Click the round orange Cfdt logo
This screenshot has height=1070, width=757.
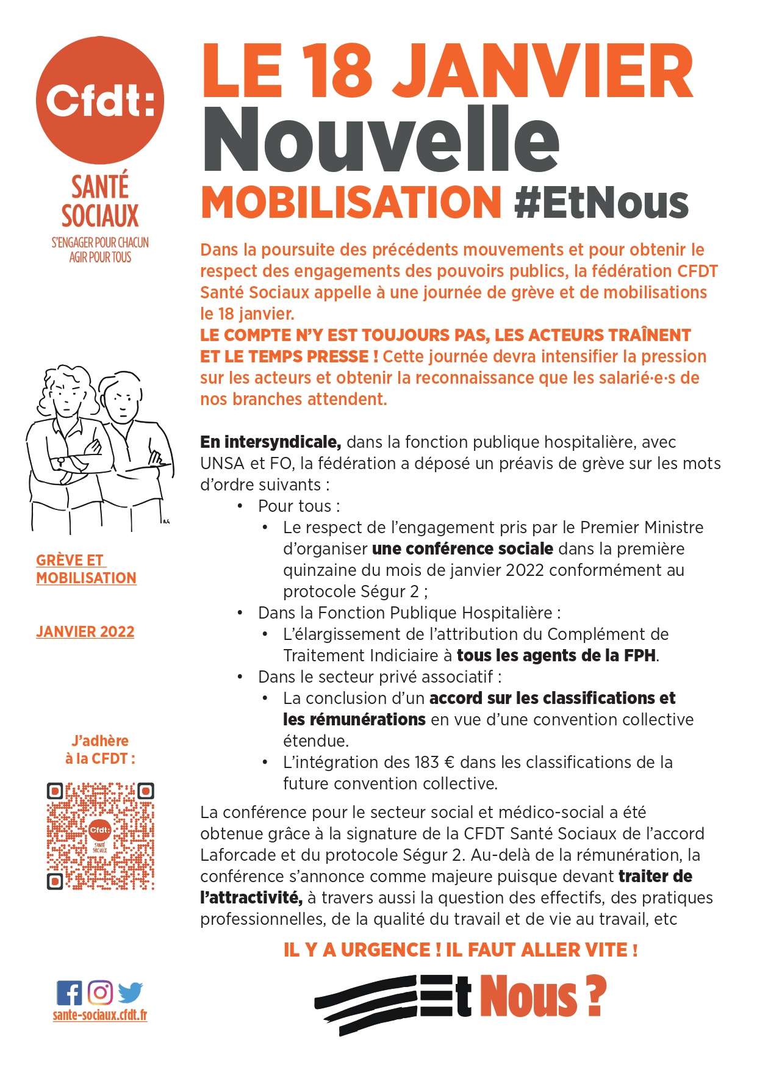100,100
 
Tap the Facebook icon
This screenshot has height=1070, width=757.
69,993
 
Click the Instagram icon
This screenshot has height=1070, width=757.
100,993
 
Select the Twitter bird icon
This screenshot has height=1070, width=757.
130,993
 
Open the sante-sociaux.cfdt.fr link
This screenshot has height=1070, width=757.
100,1015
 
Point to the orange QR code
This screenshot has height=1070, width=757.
100,835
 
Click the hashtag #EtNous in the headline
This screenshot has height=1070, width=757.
601,203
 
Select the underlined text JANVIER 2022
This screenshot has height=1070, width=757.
85,631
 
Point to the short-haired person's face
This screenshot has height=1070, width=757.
121,403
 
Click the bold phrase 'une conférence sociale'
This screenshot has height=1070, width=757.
462,548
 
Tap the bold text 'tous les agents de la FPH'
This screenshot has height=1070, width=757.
556,655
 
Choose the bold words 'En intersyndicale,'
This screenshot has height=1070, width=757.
270,442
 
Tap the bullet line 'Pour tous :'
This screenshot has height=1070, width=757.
299,506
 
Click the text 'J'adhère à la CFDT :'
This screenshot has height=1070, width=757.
100,749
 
